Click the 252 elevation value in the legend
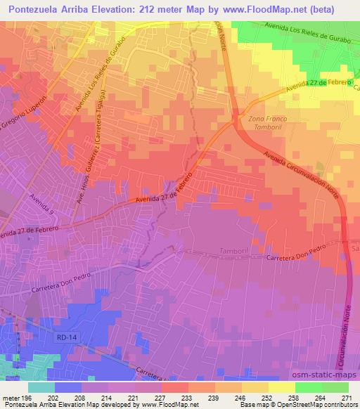click(266, 398)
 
